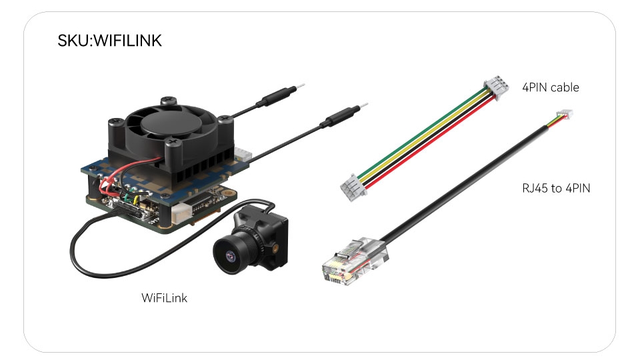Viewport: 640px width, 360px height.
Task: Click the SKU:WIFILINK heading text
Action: (x=109, y=41)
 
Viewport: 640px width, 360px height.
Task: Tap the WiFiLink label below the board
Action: (x=164, y=298)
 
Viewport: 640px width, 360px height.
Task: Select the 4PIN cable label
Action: (x=550, y=87)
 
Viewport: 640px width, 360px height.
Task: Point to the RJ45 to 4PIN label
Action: (x=556, y=188)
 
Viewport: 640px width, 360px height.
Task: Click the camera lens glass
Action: (x=231, y=256)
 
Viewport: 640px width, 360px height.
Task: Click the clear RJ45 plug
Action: (x=353, y=261)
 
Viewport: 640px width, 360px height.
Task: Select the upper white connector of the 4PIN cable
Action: (x=496, y=86)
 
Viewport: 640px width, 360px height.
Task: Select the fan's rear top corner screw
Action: (x=169, y=100)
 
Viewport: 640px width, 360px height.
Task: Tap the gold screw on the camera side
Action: (x=277, y=248)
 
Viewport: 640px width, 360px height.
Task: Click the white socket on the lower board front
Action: (x=181, y=214)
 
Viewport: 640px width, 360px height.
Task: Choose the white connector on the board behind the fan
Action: (x=243, y=155)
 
